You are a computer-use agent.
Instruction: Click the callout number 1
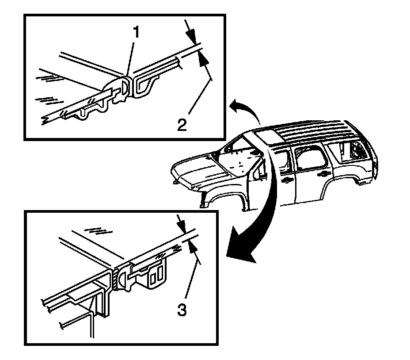[136, 32]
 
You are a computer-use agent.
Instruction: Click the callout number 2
[182, 125]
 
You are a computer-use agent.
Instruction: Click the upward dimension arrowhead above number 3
[193, 247]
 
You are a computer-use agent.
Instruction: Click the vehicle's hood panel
[199, 173]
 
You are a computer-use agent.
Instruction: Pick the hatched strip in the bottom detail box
[115, 278]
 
